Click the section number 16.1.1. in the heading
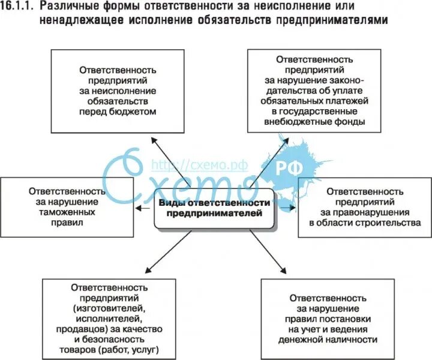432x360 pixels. (x=19, y=8)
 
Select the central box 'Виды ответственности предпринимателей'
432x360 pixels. (x=215, y=208)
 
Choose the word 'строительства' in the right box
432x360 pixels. (x=389, y=222)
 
